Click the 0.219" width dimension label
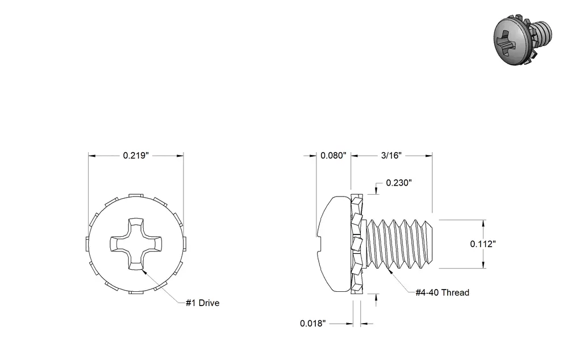click(136, 156)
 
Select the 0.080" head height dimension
click(333, 156)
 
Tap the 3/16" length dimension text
click(391, 156)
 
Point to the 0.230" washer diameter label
click(399, 183)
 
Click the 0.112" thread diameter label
click(483, 244)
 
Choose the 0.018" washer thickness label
click(313, 323)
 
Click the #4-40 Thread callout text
click(442, 292)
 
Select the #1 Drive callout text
click(202, 303)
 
